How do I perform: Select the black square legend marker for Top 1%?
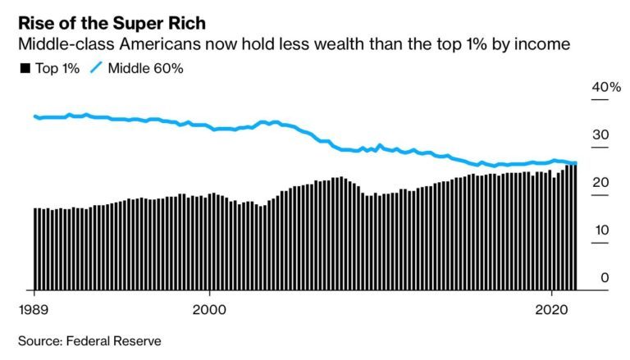(x=24, y=68)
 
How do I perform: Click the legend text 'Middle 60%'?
(x=142, y=68)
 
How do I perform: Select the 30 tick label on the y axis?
(x=600, y=135)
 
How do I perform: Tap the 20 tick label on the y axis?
(x=600, y=183)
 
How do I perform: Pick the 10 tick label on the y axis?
(x=600, y=230)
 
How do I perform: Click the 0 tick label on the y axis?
(x=605, y=278)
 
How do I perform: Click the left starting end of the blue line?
(x=34, y=116)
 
